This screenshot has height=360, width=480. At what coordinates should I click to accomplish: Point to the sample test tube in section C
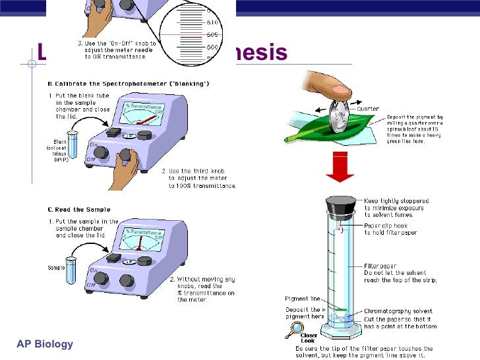[x=72, y=270]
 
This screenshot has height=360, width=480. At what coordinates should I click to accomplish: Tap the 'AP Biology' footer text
[x=45, y=344]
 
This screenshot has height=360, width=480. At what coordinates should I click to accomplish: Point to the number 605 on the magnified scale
[x=212, y=34]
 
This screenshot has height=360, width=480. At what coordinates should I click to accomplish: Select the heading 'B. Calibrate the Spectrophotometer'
[x=128, y=83]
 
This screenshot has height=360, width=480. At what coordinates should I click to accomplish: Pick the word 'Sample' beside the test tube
[x=55, y=268]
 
